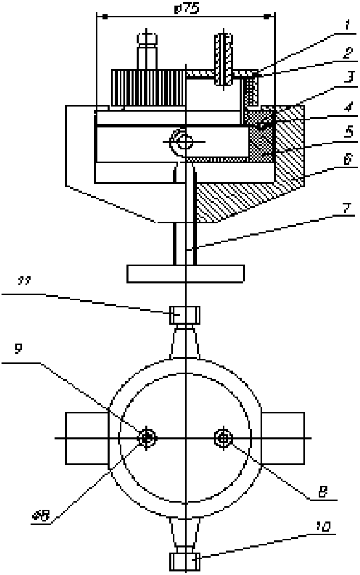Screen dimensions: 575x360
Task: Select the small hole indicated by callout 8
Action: pyautogui.click(x=224, y=437)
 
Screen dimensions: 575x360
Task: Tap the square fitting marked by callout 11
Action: pyautogui.click(x=185, y=315)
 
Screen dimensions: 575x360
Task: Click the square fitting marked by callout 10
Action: pyautogui.click(x=185, y=561)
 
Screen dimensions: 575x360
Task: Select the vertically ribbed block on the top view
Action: pyautogui.click(x=148, y=87)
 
